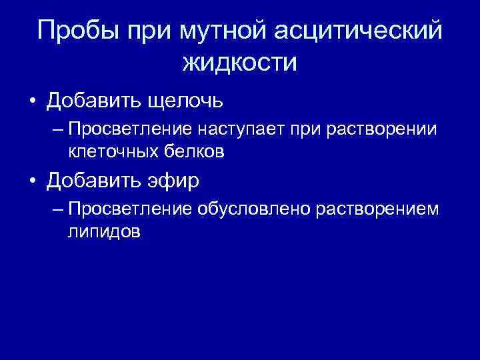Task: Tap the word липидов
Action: coord(104,231)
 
